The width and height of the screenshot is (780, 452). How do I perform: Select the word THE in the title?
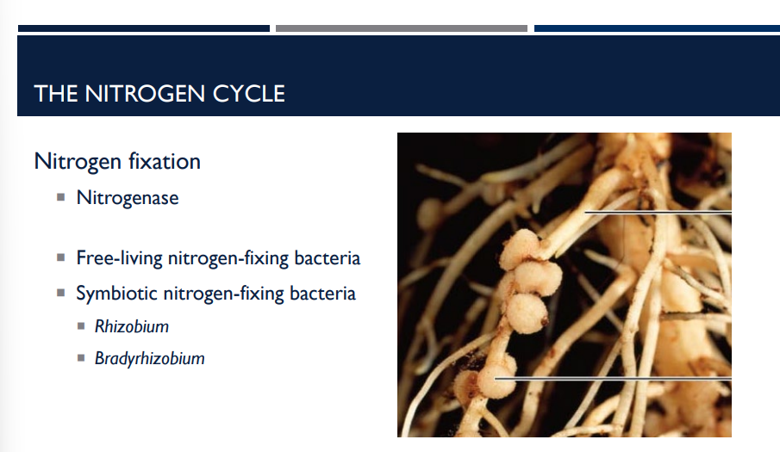pyautogui.click(x=56, y=93)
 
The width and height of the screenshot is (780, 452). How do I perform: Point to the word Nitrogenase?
pyautogui.click(x=128, y=198)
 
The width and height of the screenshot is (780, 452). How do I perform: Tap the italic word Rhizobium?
pyautogui.click(x=132, y=327)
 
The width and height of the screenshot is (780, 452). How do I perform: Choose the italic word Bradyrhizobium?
pyautogui.click(x=150, y=358)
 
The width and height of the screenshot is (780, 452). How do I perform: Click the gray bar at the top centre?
pyautogui.click(x=401, y=28)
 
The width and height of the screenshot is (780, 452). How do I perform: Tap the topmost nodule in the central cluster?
pyautogui.click(x=521, y=248)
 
